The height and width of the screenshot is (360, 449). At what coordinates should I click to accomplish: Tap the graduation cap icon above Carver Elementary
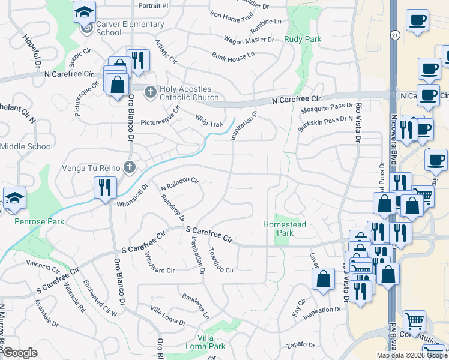(x=84, y=11)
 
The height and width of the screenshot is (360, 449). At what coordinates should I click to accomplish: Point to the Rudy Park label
(x=303, y=40)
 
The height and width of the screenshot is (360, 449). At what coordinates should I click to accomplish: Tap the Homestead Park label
(x=285, y=229)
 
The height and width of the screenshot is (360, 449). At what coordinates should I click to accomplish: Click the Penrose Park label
(x=40, y=221)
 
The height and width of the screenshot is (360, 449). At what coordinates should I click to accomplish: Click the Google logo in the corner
(x=20, y=353)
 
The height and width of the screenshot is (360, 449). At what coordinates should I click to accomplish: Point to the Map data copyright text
(x=411, y=355)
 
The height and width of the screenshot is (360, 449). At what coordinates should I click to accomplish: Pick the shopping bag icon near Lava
(x=323, y=278)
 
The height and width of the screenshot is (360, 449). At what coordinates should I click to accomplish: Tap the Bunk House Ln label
(x=234, y=57)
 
